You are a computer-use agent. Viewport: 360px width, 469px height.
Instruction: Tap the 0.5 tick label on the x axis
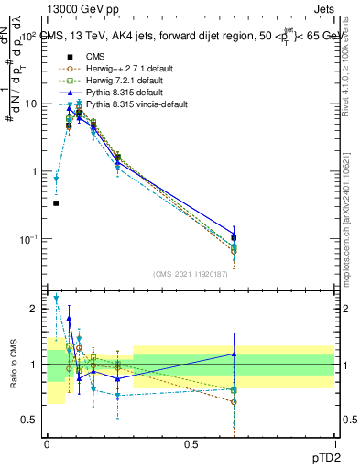tap(191, 443)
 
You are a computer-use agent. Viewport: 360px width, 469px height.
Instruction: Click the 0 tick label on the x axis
tap(48, 443)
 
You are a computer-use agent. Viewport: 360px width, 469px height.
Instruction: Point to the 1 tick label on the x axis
tap(333, 443)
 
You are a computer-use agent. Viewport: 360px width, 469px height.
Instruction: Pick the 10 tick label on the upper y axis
tap(30, 104)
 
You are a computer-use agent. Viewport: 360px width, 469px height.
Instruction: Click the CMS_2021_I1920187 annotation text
tap(191, 273)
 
